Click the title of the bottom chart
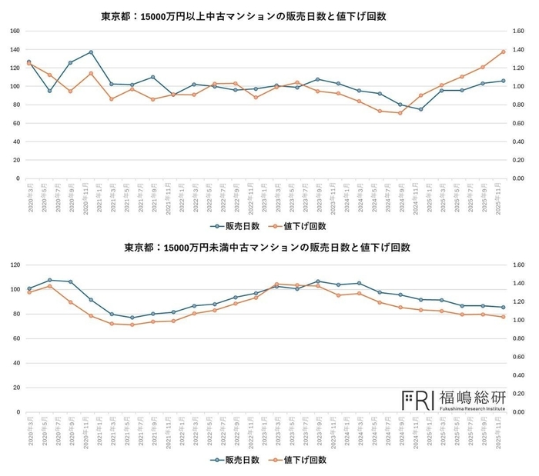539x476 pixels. (x=266, y=248)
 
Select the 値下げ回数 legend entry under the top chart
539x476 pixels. (x=301, y=226)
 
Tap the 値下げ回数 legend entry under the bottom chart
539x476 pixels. (x=301, y=460)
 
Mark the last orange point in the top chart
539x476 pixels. (x=503, y=52)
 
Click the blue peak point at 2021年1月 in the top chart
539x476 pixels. (x=91, y=52)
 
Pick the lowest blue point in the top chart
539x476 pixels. (x=420, y=109)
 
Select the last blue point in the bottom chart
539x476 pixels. (x=503, y=307)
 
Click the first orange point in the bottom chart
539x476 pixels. (x=28, y=292)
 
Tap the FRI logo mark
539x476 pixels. (x=418, y=398)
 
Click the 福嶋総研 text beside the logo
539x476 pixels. (x=472, y=397)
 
